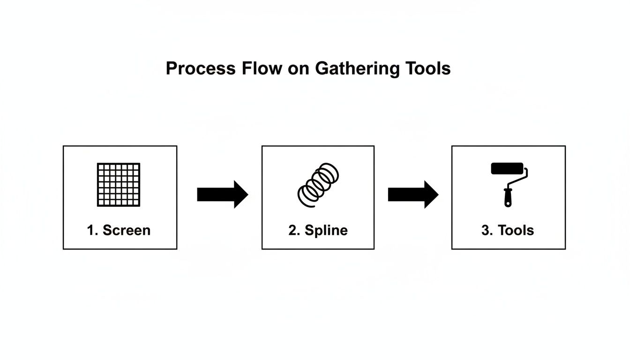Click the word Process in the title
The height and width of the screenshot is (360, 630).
coord(200,69)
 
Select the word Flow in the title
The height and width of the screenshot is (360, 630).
coord(262,69)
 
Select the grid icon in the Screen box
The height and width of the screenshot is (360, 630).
coord(119,185)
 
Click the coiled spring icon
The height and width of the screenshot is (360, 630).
coord(318,185)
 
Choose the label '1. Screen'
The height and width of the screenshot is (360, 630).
coord(119,230)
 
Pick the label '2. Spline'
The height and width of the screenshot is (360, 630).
coord(318,230)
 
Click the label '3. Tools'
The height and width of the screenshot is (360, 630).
coord(508,230)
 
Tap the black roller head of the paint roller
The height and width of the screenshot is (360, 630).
coord(507,168)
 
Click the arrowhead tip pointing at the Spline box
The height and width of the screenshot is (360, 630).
coord(247,195)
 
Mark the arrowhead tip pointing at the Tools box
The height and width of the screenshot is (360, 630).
coord(437,195)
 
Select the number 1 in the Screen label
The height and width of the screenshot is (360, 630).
coord(91,230)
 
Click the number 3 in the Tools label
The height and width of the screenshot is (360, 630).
coord(485,230)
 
